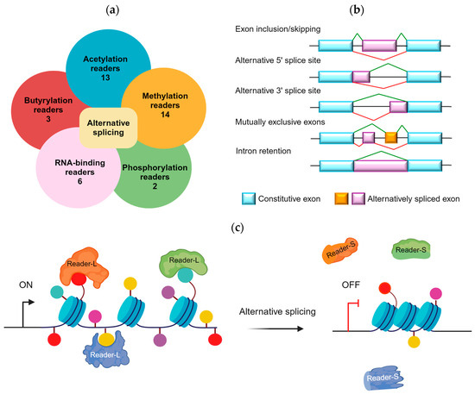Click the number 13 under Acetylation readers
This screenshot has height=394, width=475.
point(105,78)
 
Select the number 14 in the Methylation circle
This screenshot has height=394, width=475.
point(165,115)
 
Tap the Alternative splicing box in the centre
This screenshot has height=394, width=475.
point(109,128)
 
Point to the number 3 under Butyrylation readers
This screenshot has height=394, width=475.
point(48,119)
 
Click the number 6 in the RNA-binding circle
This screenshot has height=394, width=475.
point(80,181)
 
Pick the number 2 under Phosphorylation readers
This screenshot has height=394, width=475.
point(155,186)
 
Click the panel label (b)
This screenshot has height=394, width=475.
point(357,10)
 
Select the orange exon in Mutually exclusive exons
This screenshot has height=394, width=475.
point(390,138)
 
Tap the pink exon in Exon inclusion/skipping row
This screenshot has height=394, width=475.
point(379,46)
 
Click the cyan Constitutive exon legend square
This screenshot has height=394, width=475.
point(249,198)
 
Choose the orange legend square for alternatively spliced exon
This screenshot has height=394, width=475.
point(341,198)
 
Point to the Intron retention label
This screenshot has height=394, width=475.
point(263,151)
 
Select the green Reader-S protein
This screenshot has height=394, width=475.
point(411,250)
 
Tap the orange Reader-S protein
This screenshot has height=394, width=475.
point(340,250)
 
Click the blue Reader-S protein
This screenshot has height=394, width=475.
point(383,378)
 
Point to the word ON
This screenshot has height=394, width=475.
point(26,285)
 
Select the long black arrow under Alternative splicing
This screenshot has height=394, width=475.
point(275,328)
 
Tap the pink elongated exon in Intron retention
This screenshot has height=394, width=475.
point(381,166)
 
